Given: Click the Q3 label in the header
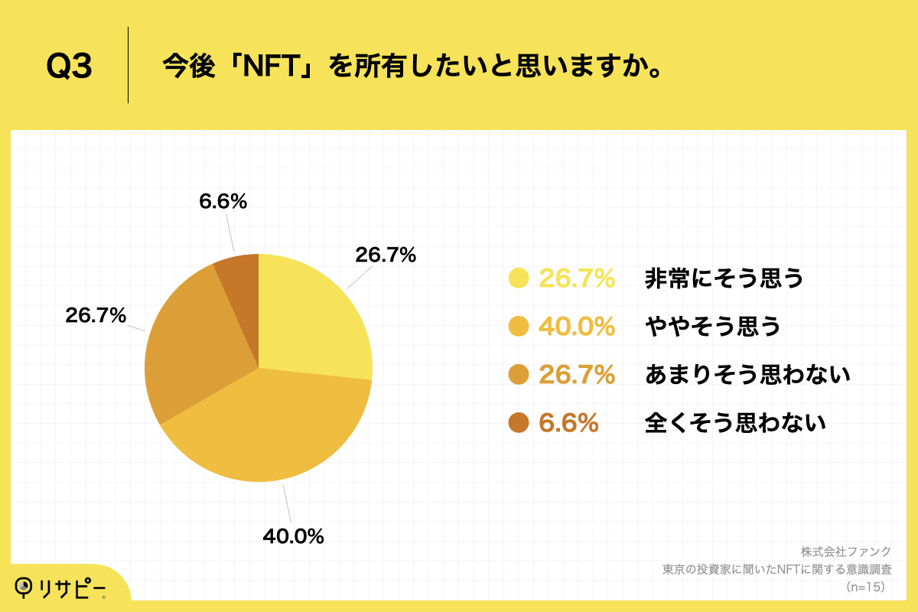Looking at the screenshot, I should click(x=69, y=67).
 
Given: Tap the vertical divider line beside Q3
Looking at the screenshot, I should click(x=128, y=65).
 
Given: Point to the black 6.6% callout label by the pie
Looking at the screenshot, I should click(x=223, y=201).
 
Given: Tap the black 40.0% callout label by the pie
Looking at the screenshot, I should click(x=293, y=536).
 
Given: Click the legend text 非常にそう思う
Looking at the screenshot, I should click(x=724, y=278).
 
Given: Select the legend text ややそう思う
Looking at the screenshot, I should click(x=713, y=327).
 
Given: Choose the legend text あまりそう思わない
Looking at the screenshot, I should click(x=747, y=374).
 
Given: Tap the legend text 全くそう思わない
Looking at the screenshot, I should click(x=735, y=422).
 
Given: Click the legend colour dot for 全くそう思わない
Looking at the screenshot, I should click(x=519, y=422).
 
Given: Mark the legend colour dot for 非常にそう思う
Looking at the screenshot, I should click(x=519, y=278).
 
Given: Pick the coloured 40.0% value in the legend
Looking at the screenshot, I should click(x=577, y=327).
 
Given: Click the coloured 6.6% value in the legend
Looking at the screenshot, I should click(x=568, y=422).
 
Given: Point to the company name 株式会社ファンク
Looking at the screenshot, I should click(x=846, y=552).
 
